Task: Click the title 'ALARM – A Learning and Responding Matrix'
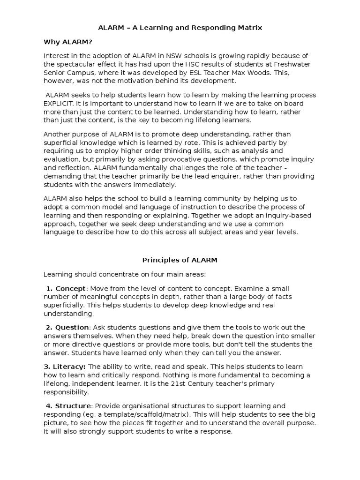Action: coord(180,28)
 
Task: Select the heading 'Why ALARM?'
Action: coord(68,42)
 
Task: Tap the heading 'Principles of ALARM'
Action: coord(180,260)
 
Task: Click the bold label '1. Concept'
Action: coord(66,288)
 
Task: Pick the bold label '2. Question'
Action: coord(67,327)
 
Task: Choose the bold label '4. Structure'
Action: coord(67,406)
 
